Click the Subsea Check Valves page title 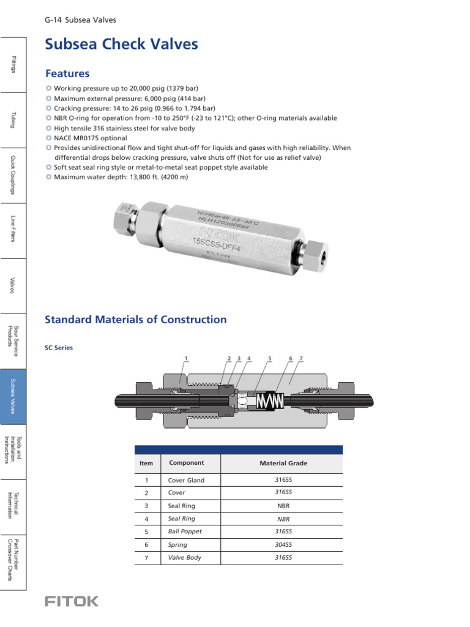click(x=122, y=45)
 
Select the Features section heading click(x=67, y=73)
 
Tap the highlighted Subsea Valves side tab click(x=13, y=397)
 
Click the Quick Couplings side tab click(x=13, y=175)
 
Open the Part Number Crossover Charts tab click(x=13, y=563)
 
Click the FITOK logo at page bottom click(x=71, y=601)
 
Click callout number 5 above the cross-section click(x=269, y=358)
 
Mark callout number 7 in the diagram click(x=301, y=358)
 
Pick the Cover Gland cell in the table click(x=187, y=481)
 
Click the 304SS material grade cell click(x=283, y=544)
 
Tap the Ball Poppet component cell click(x=185, y=531)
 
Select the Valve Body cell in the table click(x=185, y=558)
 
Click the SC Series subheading click(x=59, y=348)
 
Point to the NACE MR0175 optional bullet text click(x=91, y=138)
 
